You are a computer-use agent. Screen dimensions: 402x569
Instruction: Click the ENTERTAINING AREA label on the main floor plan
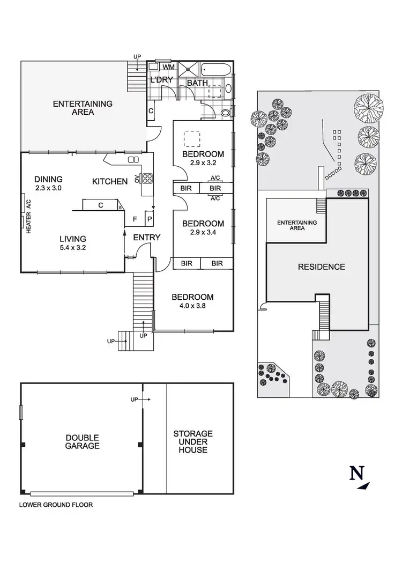tap(83, 108)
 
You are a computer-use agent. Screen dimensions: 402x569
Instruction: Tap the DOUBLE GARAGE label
tap(83, 441)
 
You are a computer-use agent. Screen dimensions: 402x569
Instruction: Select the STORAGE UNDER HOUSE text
tap(193, 441)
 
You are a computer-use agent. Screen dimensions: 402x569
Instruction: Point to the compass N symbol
tap(356, 474)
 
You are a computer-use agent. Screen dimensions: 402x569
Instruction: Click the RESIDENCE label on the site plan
tap(322, 267)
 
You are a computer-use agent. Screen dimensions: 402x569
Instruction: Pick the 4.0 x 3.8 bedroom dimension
tap(192, 307)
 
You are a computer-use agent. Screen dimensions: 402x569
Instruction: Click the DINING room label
tap(48, 179)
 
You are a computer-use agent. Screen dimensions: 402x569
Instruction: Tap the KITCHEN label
tap(110, 181)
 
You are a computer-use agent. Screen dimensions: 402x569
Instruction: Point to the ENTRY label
tap(146, 238)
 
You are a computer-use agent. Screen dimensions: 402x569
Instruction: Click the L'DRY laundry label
tap(161, 80)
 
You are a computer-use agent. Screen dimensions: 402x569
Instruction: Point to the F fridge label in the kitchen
tap(136, 219)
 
